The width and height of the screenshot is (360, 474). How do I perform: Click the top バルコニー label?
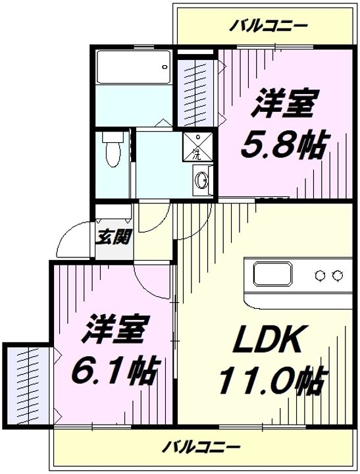click(267, 26)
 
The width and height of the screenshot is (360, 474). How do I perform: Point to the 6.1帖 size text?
click(115, 370)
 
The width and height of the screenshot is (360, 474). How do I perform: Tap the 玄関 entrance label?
click(113, 237)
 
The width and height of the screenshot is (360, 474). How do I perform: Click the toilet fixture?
click(113, 148)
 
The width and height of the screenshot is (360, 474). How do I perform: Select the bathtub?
click(134, 66)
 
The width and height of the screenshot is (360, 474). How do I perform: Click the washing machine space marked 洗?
click(197, 146)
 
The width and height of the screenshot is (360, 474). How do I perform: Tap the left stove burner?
click(320, 275)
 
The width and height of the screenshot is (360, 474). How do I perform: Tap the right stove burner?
click(337, 275)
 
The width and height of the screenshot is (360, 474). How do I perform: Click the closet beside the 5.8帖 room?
click(197, 93)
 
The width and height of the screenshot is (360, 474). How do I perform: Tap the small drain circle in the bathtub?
click(165, 67)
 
